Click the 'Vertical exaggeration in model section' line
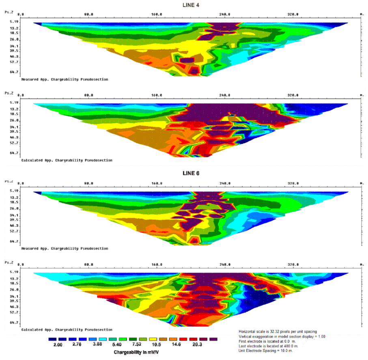[x=282, y=336]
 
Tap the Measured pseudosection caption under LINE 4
[x=65, y=79]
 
